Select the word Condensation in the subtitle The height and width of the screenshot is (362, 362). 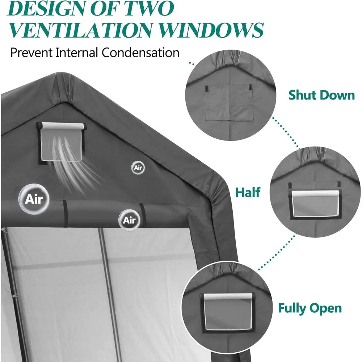(x=140, y=52)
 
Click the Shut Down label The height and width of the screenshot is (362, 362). (x=321, y=95)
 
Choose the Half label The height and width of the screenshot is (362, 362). (x=248, y=192)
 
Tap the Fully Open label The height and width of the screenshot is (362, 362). (x=310, y=308)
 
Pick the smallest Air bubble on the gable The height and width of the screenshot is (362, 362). (x=138, y=167)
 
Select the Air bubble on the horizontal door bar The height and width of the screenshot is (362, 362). (x=129, y=220)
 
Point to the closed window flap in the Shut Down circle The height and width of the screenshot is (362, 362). (x=229, y=102)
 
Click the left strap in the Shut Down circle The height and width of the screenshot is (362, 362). (x=207, y=88)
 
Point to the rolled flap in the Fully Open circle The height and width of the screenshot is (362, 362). (x=228, y=296)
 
